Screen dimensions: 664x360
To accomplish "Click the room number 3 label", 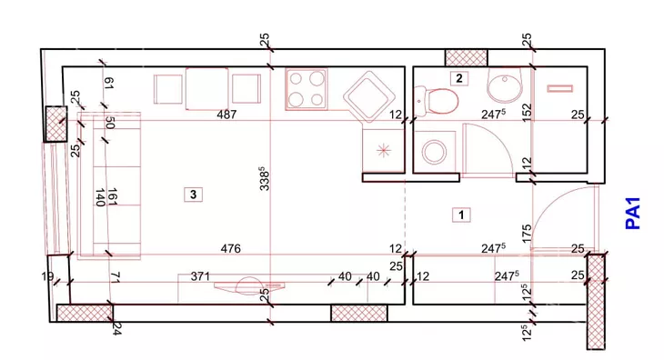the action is tap(193, 195).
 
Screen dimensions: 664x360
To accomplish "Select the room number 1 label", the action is tap(461, 215).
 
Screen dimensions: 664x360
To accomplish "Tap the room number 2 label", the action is tap(459, 78).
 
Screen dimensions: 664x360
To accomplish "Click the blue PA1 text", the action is tap(633, 214).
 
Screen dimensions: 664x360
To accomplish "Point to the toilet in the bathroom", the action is tap(437, 101).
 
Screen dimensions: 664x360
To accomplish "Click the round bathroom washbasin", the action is tap(505, 85).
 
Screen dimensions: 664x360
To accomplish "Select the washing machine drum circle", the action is tap(435, 153).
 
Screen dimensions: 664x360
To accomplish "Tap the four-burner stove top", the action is tap(307, 89).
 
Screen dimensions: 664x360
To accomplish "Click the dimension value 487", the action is tap(226, 115).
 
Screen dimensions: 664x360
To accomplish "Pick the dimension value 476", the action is tap(231, 248).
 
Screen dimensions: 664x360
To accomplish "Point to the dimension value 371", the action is tap(200, 276).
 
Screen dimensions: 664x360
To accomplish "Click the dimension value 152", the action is tap(527, 114).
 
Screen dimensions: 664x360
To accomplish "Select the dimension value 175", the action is tap(527, 234).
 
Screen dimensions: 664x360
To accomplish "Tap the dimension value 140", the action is tap(100, 198).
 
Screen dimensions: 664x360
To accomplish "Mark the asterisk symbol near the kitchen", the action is tap(383, 150).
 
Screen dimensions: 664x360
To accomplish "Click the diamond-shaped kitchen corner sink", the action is tap(367, 97).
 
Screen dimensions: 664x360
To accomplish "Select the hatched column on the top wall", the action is tap(467, 58).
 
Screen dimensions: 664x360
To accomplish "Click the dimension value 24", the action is tap(116, 328).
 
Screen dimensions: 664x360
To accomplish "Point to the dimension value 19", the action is tap(47, 276).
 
